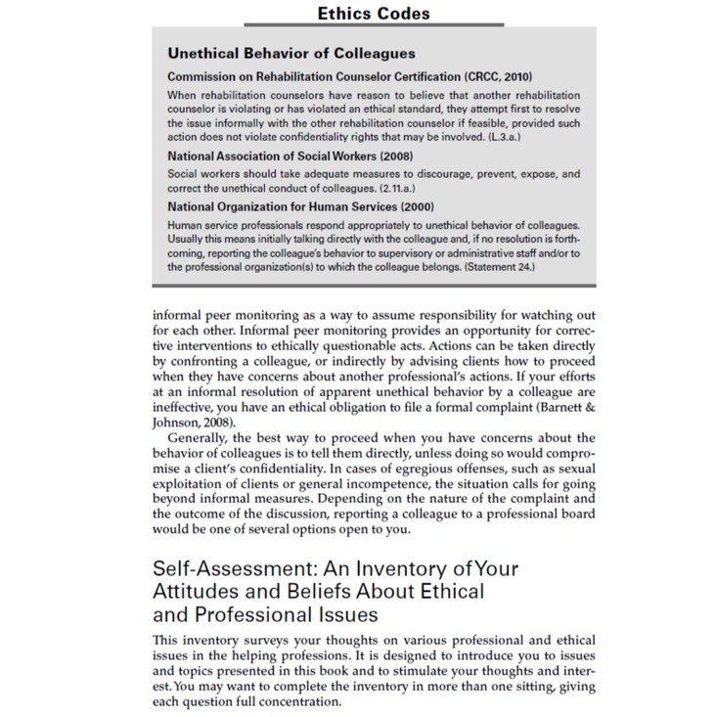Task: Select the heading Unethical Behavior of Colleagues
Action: click(x=291, y=53)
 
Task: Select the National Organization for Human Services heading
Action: click(x=300, y=206)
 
